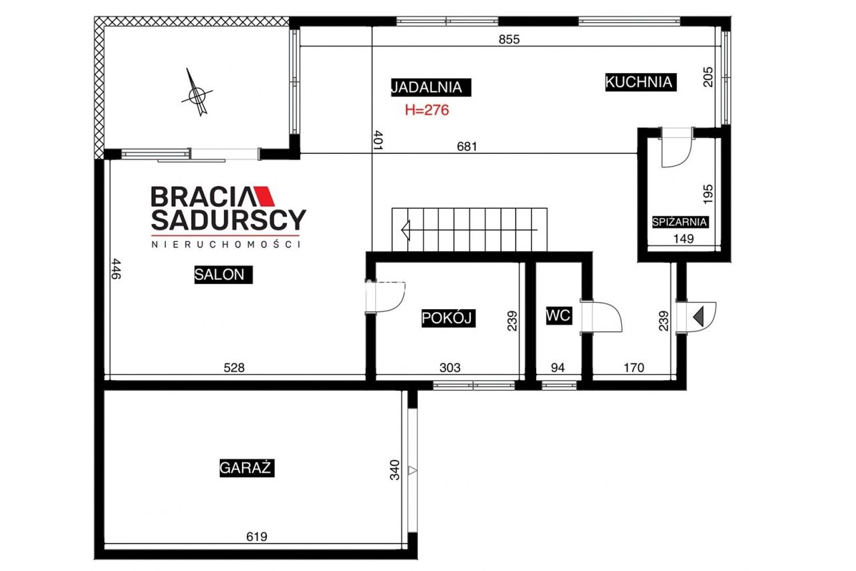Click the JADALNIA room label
pos(431,88)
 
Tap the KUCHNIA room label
pos(641,82)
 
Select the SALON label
pos(223,274)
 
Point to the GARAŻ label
pos(247,468)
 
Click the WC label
pos(558,315)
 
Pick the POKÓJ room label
pos(448,318)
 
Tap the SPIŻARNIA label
pos(680,222)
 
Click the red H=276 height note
pos(427,110)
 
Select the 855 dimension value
pos(509,39)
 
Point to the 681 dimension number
pos(467,147)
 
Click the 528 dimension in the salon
pos(234,368)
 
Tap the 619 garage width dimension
pos(256,537)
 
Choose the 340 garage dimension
pos(395,470)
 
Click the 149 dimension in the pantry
pos(683,239)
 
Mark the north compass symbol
pos(197,93)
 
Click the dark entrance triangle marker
pos(699,316)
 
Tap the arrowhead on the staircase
pos(406,230)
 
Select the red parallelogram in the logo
pos(264,196)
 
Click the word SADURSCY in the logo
pos(229,220)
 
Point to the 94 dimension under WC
pos(558,368)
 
